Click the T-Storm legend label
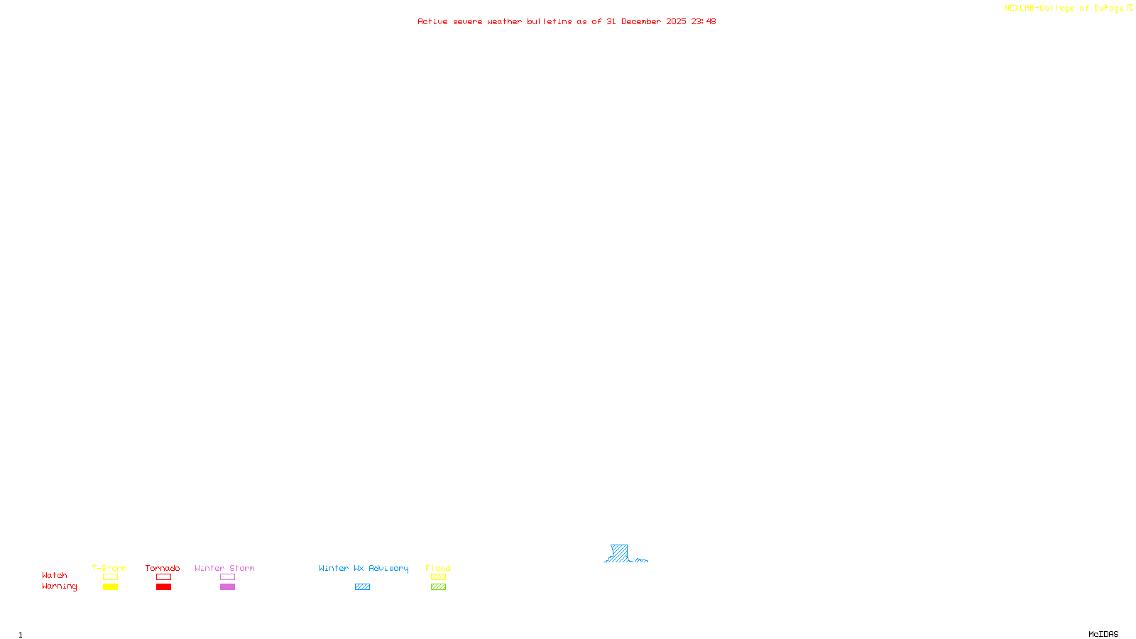(x=109, y=568)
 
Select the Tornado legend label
(x=163, y=568)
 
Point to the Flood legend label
(x=438, y=568)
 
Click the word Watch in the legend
(x=55, y=575)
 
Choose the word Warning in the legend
(x=60, y=586)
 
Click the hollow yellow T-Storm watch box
(x=110, y=577)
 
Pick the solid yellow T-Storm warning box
(x=110, y=587)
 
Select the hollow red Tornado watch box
(x=163, y=577)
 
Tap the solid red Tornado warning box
(x=163, y=587)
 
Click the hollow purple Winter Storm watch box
(x=227, y=577)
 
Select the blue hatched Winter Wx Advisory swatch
(x=362, y=587)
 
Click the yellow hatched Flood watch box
(x=438, y=577)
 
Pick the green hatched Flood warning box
(x=438, y=587)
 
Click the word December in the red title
(x=641, y=21)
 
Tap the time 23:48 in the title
(x=704, y=21)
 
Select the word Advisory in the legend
(x=388, y=568)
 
